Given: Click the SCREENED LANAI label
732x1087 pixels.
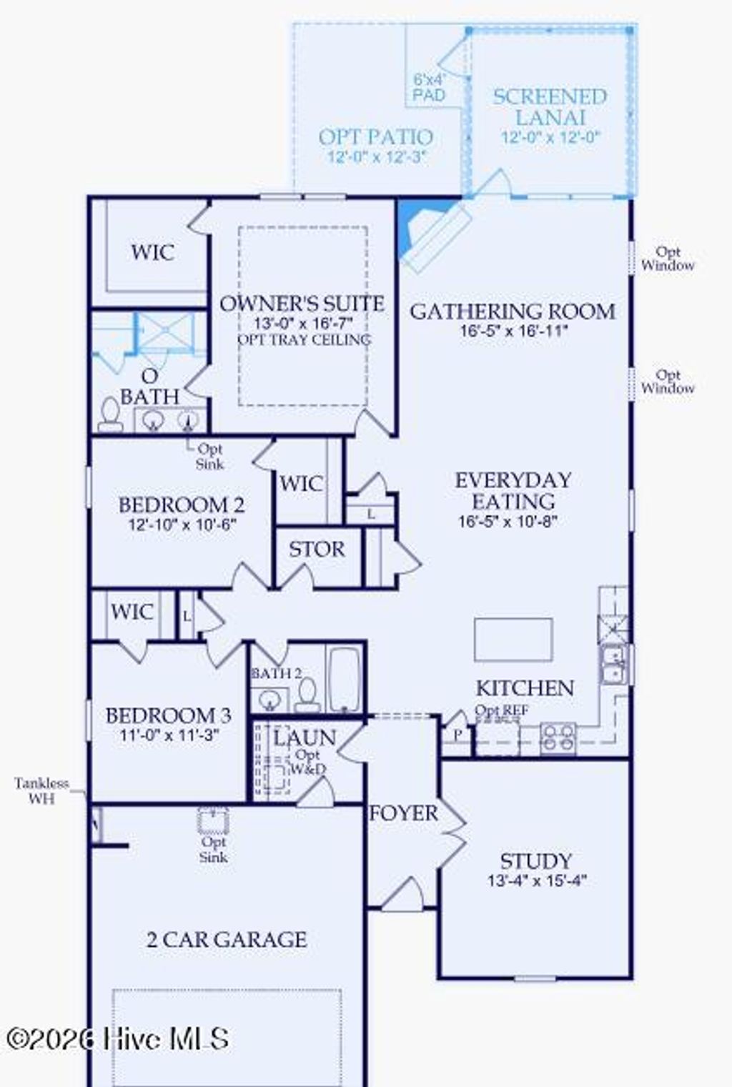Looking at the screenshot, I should (549, 106).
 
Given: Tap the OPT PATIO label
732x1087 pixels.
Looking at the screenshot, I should (375, 137).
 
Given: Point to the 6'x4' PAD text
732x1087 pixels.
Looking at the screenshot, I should (429, 87).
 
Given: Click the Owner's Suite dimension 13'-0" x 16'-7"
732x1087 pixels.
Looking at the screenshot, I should (302, 322).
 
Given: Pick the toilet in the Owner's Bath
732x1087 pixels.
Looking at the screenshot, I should (110, 415).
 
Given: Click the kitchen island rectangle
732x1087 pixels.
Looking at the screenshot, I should (513, 640).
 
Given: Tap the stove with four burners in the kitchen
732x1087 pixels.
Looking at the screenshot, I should (558, 738).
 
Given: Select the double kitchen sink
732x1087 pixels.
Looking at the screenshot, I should (613, 664).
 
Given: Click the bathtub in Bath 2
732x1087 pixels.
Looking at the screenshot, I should (345, 679).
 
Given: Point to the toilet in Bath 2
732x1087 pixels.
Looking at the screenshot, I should (307, 694).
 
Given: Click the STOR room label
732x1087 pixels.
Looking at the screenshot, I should (316, 550).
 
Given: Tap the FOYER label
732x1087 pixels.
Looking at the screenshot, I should (403, 813).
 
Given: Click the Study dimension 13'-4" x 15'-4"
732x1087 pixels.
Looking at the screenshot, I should (537, 880).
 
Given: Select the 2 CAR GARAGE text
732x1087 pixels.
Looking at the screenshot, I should (227, 939).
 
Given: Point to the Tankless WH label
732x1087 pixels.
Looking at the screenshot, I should (41, 790).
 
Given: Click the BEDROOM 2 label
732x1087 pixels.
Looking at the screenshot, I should (182, 505).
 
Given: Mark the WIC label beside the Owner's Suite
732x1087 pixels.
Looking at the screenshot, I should (152, 252).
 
